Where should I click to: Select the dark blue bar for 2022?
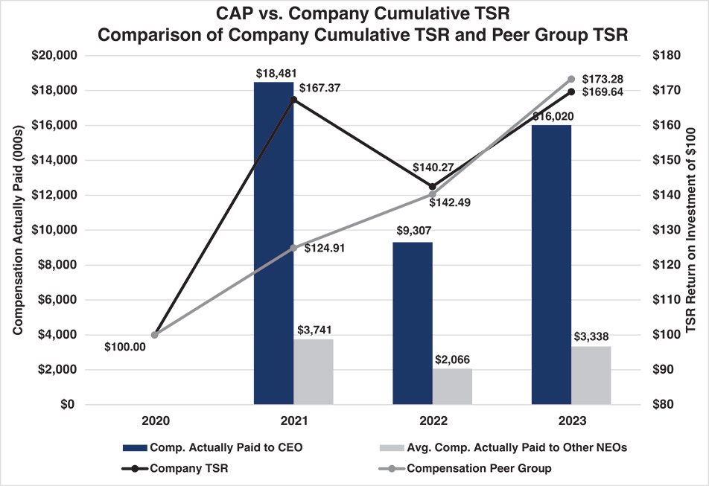[x=413, y=323]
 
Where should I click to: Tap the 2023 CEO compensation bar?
[x=551, y=264]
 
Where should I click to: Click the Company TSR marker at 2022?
[x=433, y=187]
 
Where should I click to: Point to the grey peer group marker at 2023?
[x=571, y=79]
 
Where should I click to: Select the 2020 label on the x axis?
[x=155, y=421]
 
